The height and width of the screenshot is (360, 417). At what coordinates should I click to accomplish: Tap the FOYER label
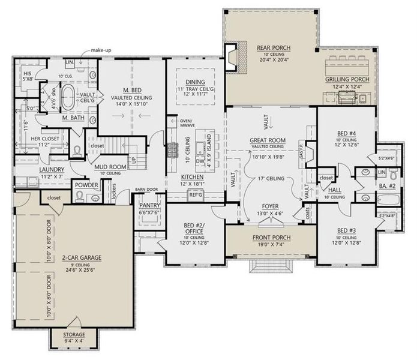(x=269, y=205)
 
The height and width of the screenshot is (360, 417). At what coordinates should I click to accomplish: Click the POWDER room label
(x=86, y=185)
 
